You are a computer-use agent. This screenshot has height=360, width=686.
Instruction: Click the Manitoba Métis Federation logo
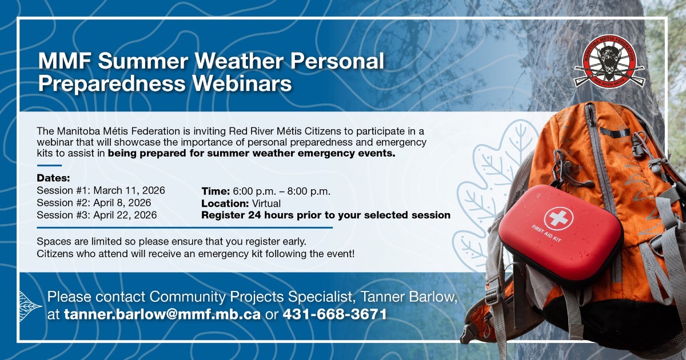point(609,61)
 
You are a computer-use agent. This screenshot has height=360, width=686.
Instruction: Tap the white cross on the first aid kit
point(559,218)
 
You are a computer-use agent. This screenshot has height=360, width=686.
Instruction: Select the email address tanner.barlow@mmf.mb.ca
point(162,314)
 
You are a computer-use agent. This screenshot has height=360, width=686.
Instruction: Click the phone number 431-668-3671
point(335,314)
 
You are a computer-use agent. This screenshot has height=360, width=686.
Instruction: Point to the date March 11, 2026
point(129,190)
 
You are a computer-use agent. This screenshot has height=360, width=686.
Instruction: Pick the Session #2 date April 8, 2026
point(122,203)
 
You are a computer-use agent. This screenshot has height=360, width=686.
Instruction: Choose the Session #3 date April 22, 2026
point(125,215)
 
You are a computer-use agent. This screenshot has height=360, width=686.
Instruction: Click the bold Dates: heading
point(53,178)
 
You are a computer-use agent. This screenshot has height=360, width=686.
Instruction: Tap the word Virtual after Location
point(266,203)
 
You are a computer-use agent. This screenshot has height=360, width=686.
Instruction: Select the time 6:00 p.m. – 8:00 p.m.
point(281,191)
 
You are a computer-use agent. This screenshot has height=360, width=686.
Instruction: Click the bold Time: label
point(216,191)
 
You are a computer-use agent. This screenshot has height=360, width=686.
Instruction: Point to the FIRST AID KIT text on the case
point(547,234)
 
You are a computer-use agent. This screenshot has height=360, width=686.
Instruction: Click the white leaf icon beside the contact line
point(30,306)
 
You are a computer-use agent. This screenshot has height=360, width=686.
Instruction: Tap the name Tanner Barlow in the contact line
point(407,297)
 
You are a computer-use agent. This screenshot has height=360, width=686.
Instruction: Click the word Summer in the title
point(143,61)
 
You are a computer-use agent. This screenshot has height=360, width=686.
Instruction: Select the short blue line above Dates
point(49,166)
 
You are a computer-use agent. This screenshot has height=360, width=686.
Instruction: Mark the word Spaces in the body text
point(54,242)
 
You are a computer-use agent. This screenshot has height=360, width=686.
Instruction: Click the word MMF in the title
point(65,61)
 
